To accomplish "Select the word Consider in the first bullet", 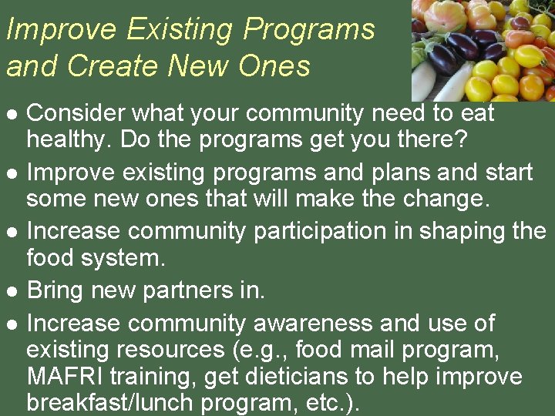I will pos(76,113).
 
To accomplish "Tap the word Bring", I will pos(55,290).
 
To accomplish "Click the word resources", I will pos(166,350).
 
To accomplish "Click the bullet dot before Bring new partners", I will pos(12,291).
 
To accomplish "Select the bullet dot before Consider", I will pos(12,114).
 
